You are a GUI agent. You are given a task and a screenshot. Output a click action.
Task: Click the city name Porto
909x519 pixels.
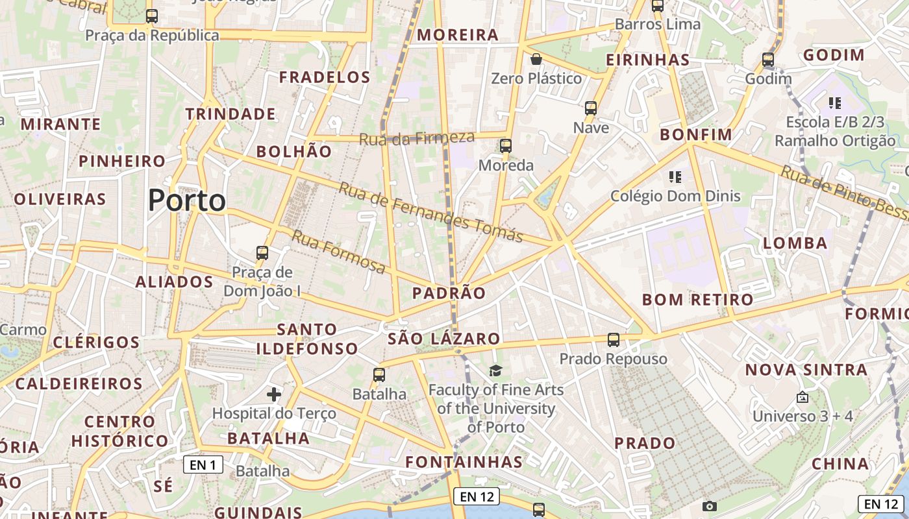click(x=187, y=200)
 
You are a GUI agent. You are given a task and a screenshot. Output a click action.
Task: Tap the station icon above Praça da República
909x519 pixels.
click(x=151, y=16)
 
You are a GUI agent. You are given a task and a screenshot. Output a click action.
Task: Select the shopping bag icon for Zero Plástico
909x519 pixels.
click(x=536, y=60)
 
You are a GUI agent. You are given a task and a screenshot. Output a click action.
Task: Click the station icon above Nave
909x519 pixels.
click(x=590, y=108)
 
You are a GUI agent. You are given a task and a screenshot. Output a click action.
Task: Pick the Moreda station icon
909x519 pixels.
click(x=506, y=146)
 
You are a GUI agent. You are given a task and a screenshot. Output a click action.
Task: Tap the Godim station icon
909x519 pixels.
click(x=768, y=60)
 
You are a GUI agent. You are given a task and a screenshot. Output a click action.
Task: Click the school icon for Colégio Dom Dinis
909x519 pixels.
click(x=674, y=176)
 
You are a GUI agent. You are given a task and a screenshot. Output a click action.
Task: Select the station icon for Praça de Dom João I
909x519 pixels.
click(x=262, y=253)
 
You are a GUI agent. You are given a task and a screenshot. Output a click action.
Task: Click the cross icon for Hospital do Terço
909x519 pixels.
click(x=274, y=394)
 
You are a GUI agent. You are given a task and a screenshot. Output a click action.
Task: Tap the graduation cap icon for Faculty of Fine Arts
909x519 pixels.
click(x=495, y=370)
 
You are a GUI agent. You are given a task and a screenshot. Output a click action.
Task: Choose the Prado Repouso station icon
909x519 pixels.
click(x=613, y=339)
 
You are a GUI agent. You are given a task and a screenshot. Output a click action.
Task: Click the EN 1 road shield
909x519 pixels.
click(x=203, y=465)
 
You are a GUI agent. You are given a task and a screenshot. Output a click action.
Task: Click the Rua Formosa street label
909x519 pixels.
click(x=338, y=252)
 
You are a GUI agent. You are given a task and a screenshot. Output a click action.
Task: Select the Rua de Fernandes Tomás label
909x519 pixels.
click(x=430, y=212)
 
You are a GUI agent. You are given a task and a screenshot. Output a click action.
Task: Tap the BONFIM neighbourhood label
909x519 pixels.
click(x=696, y=135)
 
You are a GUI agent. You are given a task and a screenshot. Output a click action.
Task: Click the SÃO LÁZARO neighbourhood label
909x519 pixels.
click(x=444, y=339)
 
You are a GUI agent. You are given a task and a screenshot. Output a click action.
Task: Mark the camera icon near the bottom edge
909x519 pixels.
click(x=709, y=506)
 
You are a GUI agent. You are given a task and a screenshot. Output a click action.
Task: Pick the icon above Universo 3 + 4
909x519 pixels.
click(x=803, y=397)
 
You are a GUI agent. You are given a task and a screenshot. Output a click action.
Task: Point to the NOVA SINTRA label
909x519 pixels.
click(x=806, y=370)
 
